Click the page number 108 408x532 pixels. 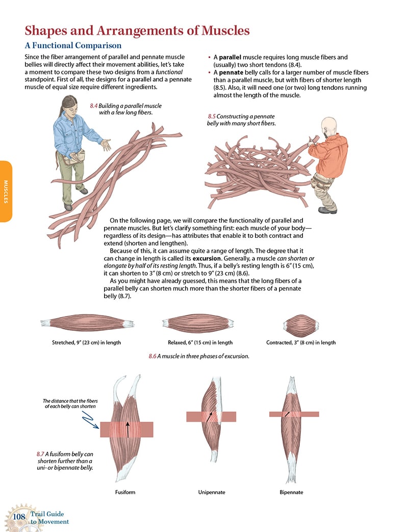click(x=19, y=518)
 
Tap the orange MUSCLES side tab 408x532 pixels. click(x=6, y=191)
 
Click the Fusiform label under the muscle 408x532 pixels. click(x=125, y=492)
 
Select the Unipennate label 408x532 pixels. click(x=212, y=492)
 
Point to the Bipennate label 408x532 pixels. click(x=291, y=492)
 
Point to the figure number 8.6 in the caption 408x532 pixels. click(x=152, y=356)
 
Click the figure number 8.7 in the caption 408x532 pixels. click(x=41, y=453)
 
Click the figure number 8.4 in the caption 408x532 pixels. click(x=93, y=105)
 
